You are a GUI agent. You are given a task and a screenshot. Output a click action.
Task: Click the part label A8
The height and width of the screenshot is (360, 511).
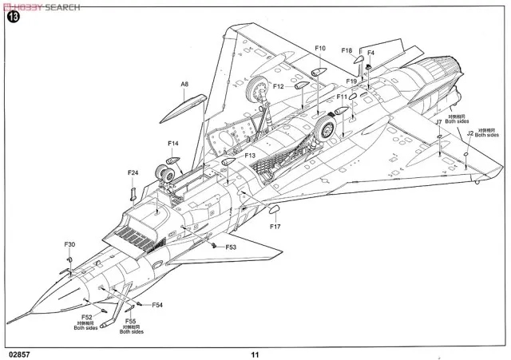pos(184,84)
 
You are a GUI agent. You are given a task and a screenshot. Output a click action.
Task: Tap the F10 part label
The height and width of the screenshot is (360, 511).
pos(320,49)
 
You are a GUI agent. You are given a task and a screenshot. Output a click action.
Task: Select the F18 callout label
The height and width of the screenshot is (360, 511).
pos(347,51)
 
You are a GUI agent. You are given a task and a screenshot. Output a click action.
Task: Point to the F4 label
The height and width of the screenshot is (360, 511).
pos(370,53)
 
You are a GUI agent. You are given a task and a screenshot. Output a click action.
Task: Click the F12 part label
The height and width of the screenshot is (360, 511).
pos(279,86)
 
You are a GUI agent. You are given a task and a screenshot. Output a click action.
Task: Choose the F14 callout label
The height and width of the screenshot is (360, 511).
pos(173,144)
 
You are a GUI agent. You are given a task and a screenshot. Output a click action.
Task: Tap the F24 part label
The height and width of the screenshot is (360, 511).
pos(133,172)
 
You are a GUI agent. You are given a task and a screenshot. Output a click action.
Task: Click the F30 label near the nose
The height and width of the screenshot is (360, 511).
pos(69,243)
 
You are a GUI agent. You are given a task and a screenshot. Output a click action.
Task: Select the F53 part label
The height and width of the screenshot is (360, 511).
pos(231,247)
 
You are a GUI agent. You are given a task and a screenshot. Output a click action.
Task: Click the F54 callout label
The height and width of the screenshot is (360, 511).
pos(157,305)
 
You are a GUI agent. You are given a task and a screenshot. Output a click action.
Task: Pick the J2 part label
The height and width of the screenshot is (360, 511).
pos(471,135)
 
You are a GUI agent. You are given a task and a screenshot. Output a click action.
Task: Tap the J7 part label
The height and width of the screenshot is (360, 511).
pos(438,122)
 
